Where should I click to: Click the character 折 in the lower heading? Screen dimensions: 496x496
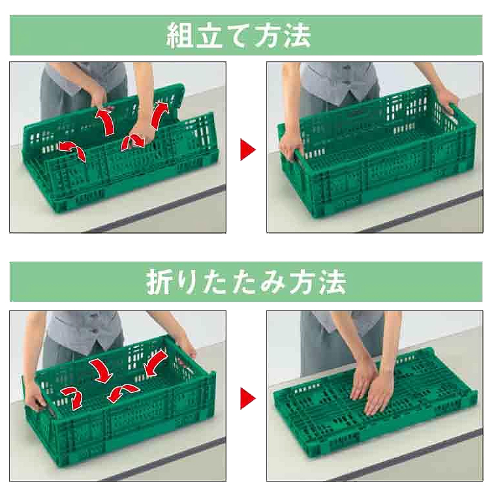click(159, 281)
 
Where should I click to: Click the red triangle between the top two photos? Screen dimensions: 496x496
click(248, 149)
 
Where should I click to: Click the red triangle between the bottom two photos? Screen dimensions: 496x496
click(248, 398)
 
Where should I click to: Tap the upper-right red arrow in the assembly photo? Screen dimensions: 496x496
click(159, 114)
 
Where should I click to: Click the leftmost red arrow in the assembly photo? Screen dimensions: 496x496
click(72, 151)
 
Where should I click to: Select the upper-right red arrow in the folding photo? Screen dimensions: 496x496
click(155, 364)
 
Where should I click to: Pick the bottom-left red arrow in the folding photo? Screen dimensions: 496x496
click(72, 397)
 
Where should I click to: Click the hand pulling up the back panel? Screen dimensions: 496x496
click(99, 97)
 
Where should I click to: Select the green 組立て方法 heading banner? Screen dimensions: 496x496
click(246, 35)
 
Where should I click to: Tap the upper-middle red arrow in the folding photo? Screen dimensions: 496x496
click(101, 371)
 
